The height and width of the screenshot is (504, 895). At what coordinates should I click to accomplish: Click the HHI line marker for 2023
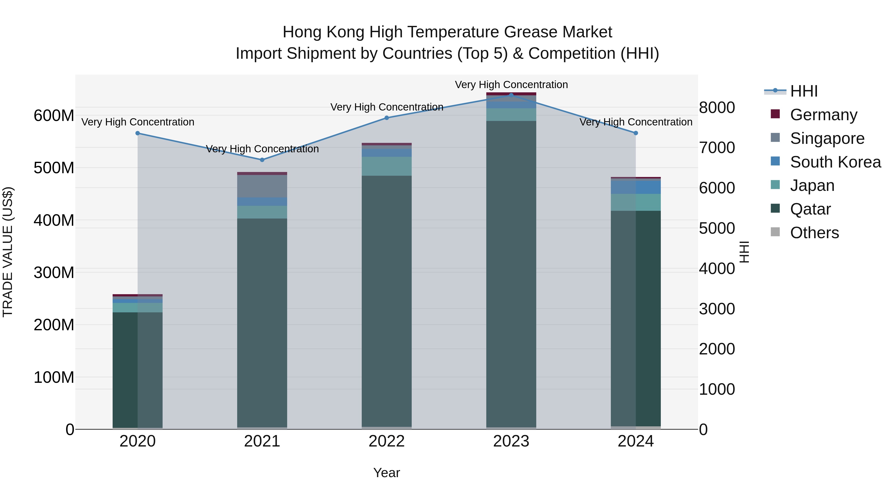511,95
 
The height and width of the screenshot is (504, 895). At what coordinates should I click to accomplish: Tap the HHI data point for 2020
137,133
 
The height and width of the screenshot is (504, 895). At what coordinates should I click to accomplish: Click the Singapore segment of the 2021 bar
262,186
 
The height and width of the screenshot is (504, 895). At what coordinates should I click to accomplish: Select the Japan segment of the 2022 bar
386,166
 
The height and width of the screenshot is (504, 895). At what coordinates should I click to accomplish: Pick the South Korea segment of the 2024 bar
635,187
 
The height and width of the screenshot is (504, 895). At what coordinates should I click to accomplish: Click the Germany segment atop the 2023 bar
511,94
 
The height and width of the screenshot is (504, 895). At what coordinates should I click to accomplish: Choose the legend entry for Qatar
810,209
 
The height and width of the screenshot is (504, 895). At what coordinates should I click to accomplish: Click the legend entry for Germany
823,114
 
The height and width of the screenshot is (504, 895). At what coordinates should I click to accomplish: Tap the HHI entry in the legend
803,91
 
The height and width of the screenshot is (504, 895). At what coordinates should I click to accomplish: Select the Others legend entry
814,233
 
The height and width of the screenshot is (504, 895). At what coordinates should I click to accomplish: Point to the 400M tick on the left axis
54,220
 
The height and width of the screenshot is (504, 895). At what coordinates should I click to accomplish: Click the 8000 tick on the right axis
717,108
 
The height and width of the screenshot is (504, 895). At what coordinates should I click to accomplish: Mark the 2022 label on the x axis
386,441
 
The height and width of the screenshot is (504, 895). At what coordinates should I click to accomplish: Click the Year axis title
386,473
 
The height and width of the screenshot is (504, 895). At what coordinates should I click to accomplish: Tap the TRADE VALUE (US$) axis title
8,252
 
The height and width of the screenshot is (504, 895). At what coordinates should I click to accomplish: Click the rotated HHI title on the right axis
744,252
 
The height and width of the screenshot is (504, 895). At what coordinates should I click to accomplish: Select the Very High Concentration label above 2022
386,107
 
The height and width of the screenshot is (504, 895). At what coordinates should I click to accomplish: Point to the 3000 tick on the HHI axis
717,309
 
